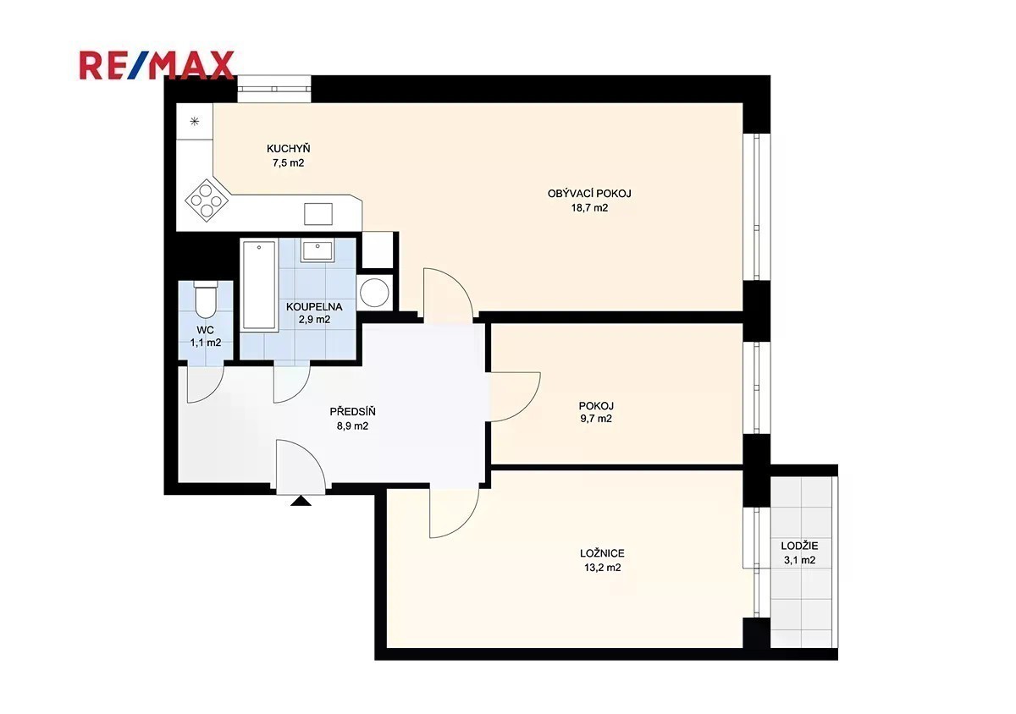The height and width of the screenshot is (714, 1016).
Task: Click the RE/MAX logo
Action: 157,65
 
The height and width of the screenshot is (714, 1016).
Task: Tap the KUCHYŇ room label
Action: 289,148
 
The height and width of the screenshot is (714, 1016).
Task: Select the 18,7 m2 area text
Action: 589,208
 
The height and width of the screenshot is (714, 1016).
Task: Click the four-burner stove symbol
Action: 207,200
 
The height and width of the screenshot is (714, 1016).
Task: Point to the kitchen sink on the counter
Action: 318,214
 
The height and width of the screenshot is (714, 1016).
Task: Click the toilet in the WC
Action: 206,299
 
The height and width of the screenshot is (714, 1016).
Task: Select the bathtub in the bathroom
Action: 259,285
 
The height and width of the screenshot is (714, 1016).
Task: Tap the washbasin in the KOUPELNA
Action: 317,250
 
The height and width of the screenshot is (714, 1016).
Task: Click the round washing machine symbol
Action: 374,293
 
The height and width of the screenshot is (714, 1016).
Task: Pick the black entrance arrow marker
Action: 301,501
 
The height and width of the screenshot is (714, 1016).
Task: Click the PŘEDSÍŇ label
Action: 352,412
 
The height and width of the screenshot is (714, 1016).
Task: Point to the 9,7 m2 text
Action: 596,419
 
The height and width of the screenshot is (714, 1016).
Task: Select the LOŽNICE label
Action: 602,553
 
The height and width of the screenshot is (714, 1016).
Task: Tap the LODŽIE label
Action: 799,546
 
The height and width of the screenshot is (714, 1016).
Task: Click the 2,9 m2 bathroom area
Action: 314,320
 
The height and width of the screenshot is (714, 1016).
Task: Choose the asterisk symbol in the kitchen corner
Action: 195,121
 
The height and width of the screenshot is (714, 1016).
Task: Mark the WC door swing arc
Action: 214,393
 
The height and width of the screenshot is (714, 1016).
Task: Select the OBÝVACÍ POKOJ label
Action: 589,194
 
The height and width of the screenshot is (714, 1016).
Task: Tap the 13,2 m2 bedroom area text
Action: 602,568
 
